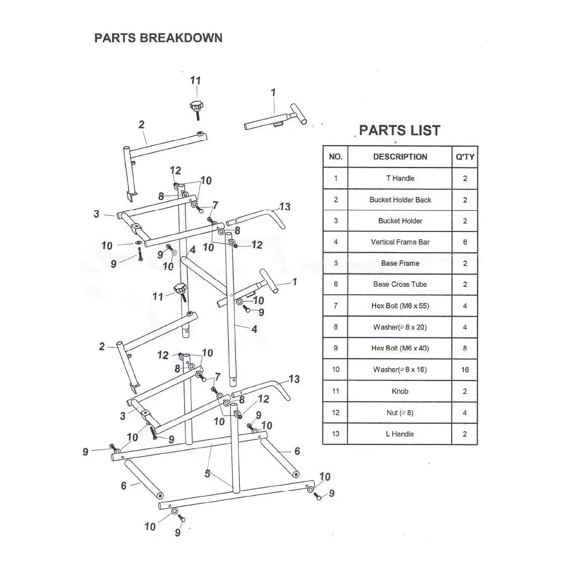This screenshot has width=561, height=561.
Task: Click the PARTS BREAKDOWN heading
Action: [x=158, y=38]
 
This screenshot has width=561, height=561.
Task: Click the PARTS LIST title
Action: [x=400, y=131]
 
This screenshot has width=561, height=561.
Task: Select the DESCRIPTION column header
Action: [x=400, y=157]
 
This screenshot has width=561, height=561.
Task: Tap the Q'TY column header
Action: [x=465, y=157]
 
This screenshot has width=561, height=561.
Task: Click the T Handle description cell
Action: [x=400, y=178]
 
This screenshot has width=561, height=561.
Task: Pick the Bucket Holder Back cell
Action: [x=400, y=200]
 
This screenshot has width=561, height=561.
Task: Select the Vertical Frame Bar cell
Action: [x=400, y=242]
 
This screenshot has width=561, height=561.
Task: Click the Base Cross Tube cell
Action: [x=400, y=284]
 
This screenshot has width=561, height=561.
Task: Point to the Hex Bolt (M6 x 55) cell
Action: [x=400, y=306]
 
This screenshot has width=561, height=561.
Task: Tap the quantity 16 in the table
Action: [x=465, y=370]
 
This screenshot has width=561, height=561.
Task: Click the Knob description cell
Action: [x=400, y=391]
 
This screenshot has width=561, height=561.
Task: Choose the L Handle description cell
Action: [x=400, y=434]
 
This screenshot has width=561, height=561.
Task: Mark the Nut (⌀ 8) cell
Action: [x=400, y=412]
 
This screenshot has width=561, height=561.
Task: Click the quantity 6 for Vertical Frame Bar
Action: [x=465, y=242]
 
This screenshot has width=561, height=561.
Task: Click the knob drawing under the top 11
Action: [x=196, y=106]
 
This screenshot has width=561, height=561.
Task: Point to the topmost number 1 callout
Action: [x=273, y=91]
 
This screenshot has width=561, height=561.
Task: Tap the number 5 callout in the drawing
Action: [x=207, y=474]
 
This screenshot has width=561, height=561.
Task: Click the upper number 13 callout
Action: [x=285, y=207]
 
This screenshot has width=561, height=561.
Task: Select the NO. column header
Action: [x=335, y=157]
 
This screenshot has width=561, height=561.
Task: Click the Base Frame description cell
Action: [x=400, y=263]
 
